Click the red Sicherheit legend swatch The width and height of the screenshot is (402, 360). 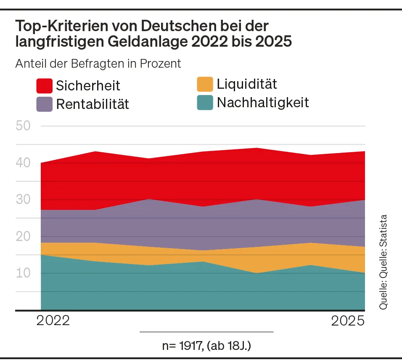44,86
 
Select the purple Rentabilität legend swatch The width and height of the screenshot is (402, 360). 44,104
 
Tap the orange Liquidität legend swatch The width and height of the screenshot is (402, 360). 205,84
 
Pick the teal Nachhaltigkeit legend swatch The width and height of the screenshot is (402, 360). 205,102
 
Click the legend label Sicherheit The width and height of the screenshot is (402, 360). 88,86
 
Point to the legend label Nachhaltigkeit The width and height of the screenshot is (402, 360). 263,102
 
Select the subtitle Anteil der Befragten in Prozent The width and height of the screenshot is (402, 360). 98,64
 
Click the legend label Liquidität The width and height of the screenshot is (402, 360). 247,84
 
